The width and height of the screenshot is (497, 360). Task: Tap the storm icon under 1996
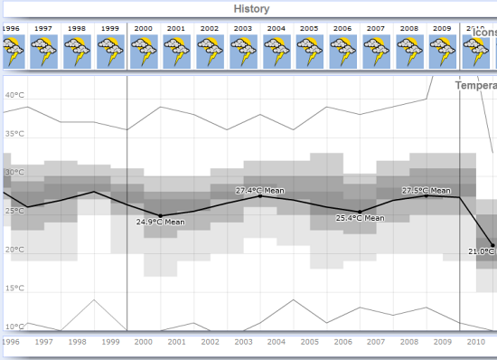tap(12, 52)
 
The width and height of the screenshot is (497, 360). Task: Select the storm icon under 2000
tap(144, 52)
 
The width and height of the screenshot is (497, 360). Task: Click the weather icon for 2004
tap(277, 52)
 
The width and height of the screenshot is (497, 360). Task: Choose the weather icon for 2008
tap(409, 52)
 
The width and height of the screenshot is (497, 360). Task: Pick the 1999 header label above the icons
tap(110, 28)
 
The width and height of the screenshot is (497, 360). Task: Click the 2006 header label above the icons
tap(342, 28)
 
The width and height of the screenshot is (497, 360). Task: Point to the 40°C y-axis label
tap(14, 95)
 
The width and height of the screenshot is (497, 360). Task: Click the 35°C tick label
tap(14, 134)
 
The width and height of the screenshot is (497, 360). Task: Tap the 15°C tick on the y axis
tap(14, 289)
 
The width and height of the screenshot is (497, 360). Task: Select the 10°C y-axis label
tap(14, 327)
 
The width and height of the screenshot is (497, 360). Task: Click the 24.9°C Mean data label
tap(160, 222)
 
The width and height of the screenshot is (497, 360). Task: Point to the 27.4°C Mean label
tap(259, 190)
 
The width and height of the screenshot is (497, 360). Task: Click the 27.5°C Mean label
tap(426, 190)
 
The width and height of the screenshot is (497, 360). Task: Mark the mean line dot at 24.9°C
tap(160, 215)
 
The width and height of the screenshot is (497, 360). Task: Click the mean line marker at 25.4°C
tap(360, 212)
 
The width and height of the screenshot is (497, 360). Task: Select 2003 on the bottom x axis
tap(243, 343)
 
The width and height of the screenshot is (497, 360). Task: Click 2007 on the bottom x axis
tap(376, 343)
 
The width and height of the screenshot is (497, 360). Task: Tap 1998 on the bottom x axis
tap(77, 343)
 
